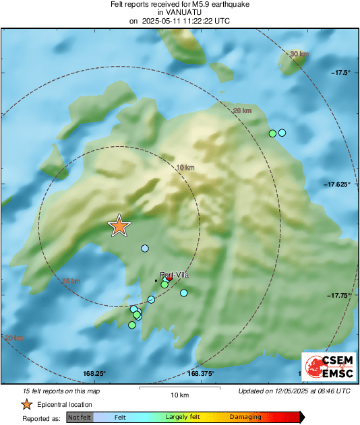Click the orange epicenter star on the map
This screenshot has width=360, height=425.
click(119, 226)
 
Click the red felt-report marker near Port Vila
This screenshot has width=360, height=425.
click(170, 277)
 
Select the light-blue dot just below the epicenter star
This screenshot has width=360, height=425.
click(144, 249)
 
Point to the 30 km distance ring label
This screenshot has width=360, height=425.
click(298, 54)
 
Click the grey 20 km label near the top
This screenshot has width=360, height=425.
click(242, 111)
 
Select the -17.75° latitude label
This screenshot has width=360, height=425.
click(339, 295)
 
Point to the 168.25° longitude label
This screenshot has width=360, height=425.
click(95, 374)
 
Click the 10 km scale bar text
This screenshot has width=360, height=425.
click(179, 394)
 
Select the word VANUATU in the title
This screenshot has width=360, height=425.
click(179, 12)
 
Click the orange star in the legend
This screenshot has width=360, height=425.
click(26, 404)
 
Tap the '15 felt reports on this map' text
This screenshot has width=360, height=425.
click(61, 391)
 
